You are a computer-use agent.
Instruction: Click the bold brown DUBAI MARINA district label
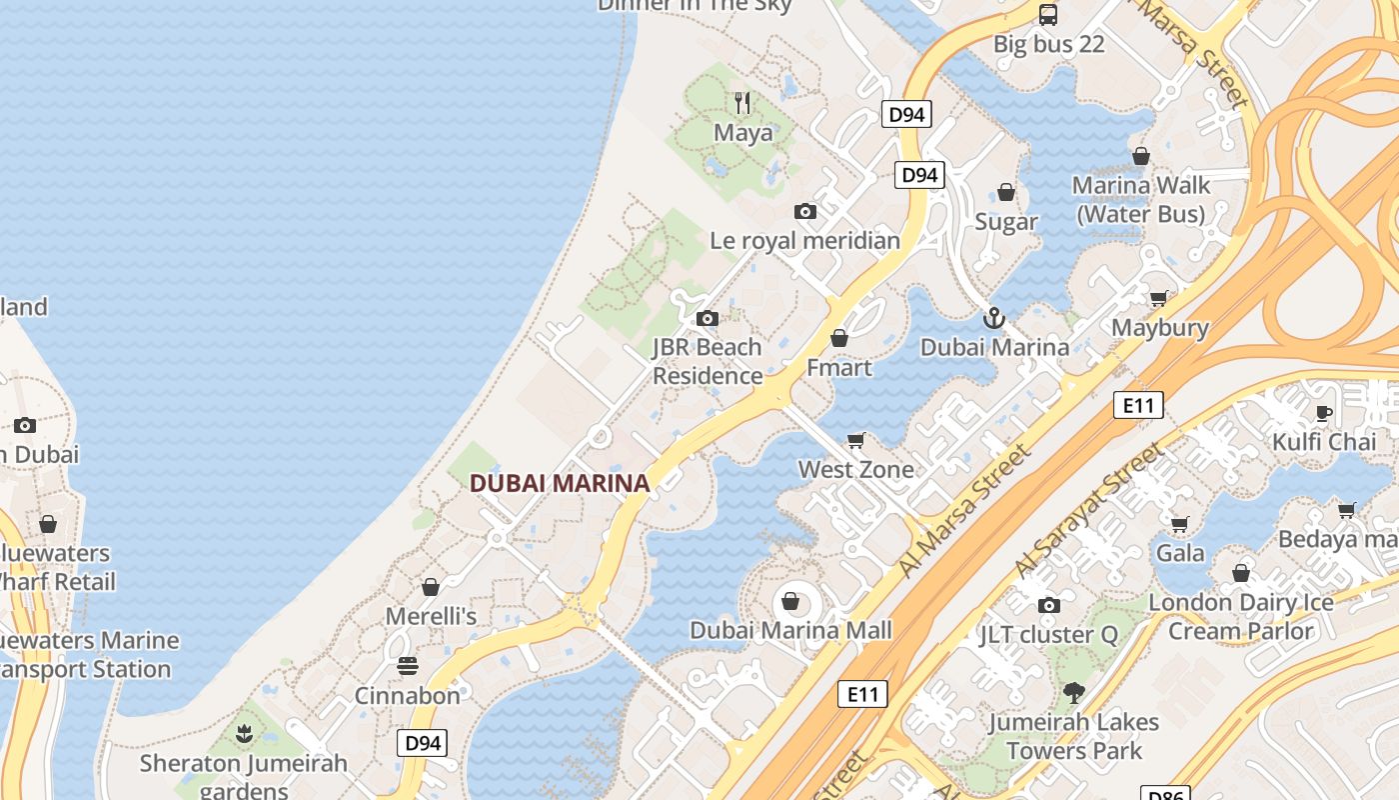(560, 483)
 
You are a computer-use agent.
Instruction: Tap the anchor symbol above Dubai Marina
(993, 318)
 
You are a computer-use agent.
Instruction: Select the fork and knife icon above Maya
(742, 102)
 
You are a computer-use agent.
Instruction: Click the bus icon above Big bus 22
(1047, 14)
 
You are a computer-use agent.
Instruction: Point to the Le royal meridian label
(804, 241)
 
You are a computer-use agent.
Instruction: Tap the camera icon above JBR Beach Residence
(707, 319)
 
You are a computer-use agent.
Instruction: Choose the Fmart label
(839, 368)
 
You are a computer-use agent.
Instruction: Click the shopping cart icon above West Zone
(855, 440)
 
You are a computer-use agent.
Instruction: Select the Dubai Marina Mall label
(790, 631)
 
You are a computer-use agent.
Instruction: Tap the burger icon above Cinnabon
(408, 665)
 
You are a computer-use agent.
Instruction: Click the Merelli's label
(431, 616)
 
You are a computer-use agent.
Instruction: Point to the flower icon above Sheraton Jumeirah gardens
(243, 735)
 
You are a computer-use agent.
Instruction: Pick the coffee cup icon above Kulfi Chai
(1324, 412)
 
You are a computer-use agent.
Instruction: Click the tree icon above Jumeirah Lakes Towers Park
(1074, 692)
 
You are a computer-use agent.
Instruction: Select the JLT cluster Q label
(1049, 635)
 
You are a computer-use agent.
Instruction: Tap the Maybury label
(1159, 328)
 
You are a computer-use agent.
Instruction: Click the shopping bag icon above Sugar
(1006, 192)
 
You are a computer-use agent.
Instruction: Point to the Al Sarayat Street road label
(1088, 511)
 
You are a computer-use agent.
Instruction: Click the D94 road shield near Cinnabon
(422, 743)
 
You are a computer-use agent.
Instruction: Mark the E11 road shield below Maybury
(1138, 405)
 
